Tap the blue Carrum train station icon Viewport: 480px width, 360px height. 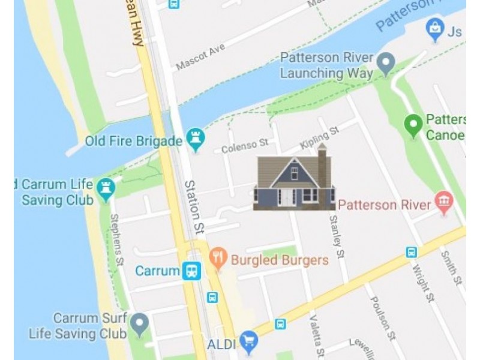tap(191, 271)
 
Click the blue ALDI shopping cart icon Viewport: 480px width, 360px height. tap(248, 343)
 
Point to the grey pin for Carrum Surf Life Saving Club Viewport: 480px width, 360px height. tap(140, 324)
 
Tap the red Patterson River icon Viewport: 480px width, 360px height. tap(443, 204)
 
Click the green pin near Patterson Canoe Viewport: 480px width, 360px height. tap(413, 125)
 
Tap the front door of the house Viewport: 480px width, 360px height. tap(287, 197)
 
